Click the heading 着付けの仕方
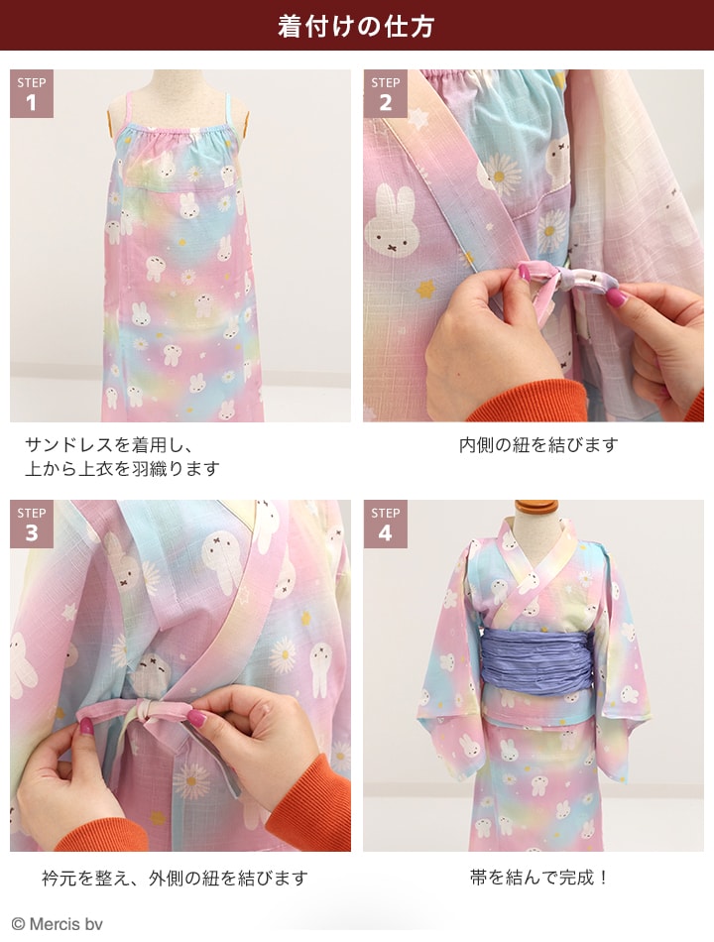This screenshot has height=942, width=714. coord(356,26)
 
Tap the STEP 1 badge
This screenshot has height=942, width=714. coord(32,94)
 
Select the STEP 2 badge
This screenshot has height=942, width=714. coord(385,94)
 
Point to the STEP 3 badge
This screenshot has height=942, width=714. coord(32,525)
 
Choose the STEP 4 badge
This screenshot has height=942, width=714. coord(385,525)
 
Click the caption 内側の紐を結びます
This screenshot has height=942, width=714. coord(537,445)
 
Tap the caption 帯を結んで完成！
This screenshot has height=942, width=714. coord(538,878)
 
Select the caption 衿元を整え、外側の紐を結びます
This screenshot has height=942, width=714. coord(175,878)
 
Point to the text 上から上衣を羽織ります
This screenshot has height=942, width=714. coord(122,469)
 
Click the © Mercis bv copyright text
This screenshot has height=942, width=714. coord(58,924)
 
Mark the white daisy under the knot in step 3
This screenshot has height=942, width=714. coord(191,780)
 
